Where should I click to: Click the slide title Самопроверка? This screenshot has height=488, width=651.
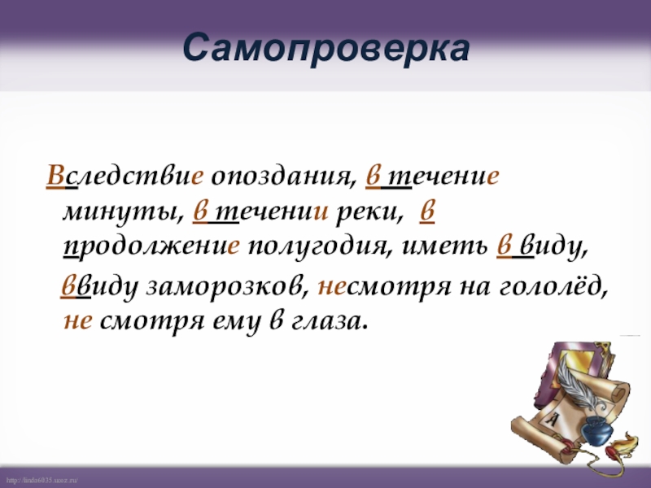pos(325,50)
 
